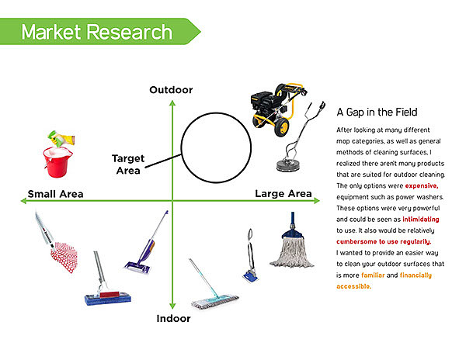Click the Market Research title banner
click(x=97, y=32)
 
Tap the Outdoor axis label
click(x=171, y=90)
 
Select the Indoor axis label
click(x=172, y=318)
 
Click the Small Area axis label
click(x=55, y=193)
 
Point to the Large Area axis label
click(x=283, y=193)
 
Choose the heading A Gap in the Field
click(x=377, y=112)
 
